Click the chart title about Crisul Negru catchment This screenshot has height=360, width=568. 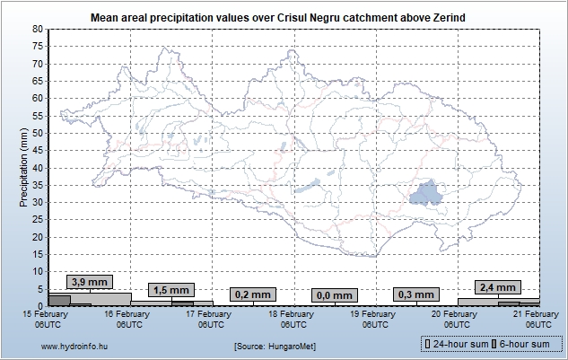[284, 18]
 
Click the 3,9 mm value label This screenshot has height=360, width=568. [89, 282]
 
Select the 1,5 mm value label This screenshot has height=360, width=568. [170, 290]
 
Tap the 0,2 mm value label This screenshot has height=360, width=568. [251, 294]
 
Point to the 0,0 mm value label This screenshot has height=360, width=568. [334, 295]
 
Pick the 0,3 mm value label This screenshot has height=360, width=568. [415, 294]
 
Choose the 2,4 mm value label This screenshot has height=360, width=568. [496, 287]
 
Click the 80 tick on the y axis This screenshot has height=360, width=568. [37, 29]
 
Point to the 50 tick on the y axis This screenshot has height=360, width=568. [37, 133]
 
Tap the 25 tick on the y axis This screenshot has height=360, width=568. [37, 219]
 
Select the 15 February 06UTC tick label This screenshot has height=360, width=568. [48, 319]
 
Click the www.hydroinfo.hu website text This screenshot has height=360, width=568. [74, 345]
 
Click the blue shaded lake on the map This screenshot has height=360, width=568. [425, 194]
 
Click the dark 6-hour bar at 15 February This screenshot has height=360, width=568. [58, 300]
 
